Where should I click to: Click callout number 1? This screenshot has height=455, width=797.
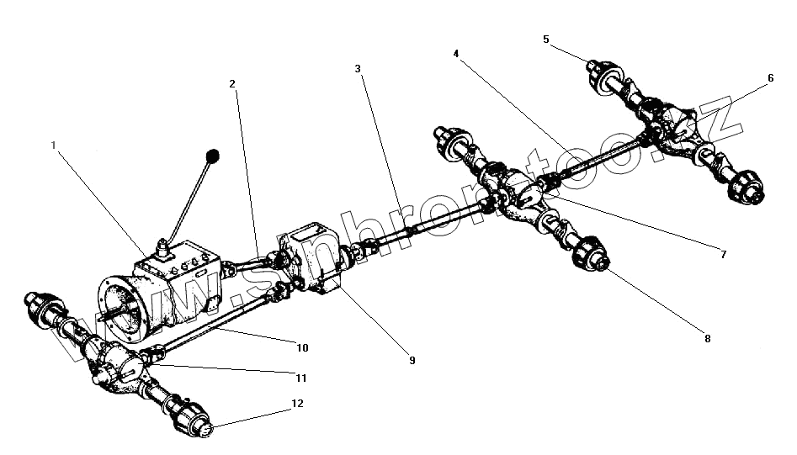[x=54, y=145]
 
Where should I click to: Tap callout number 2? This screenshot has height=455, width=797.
[x=231, y=83]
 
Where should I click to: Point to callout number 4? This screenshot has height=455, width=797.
[x=455, y=53]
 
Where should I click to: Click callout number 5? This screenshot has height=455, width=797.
[x=546, y=39]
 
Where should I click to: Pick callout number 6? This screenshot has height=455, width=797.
[x=770, y=77]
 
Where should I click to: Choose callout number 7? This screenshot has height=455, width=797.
[x=721, y=253]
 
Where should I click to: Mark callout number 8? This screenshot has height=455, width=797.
[x=707, y=339]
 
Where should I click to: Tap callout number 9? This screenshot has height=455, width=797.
[x=412, y=360]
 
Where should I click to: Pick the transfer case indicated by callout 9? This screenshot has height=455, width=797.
[x=312, y=257]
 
